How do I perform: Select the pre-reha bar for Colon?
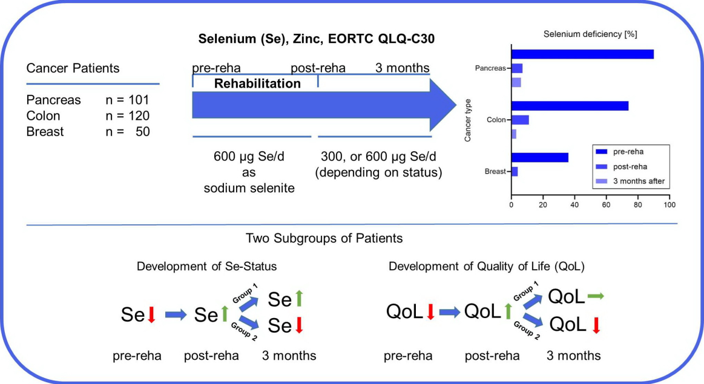tap(570, 106)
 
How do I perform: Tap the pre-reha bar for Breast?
tap(540, 157)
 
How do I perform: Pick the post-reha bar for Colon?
tap(521, 120)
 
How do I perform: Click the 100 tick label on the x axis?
tap(669, 205)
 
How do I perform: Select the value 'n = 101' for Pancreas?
tap(127, 100)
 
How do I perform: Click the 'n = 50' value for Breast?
tap(127, 131)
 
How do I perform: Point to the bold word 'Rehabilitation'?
tap(257, 83)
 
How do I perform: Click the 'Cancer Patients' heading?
tap(73, 68)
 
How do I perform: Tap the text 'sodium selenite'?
tap(249, 188)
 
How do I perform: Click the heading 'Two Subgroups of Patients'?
tap(324, 238)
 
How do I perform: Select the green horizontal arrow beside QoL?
tap(596, 296)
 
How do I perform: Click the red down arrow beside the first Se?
tap(151, 314)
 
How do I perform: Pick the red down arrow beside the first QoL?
tap(430, 312)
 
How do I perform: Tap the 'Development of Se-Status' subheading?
tap(199, 267)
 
